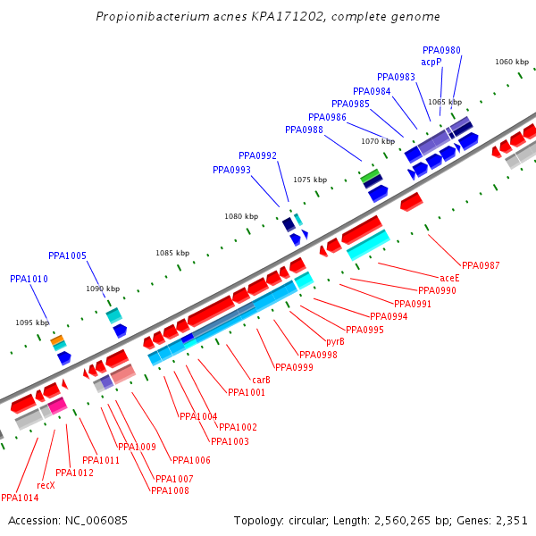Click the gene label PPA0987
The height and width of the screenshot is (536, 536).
tap(481, 265)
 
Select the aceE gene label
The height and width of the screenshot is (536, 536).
tap(449, 278)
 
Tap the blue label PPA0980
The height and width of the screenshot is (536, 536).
tap(441, 50)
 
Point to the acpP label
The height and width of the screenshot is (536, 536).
tap(431, 62)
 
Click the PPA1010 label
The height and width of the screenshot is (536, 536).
tap(29, 279)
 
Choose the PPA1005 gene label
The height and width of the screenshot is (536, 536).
tap(67, 255)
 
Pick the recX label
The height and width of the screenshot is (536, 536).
tap(46, 485)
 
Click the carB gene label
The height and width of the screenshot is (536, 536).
tap(261, 380)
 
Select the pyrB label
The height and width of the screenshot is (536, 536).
tap(335, 341)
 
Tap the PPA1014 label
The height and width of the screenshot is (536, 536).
tap(20, 498)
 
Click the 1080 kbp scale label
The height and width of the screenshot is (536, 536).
tap(240, 216)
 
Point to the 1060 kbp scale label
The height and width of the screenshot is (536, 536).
tap(512, 62)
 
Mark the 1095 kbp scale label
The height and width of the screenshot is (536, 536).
tap(31, 322)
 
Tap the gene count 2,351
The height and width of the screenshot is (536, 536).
tap(510, 520)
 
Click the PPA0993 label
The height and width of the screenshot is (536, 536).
tap(231, 170)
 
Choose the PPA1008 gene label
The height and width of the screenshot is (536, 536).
tap(170, 490)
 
